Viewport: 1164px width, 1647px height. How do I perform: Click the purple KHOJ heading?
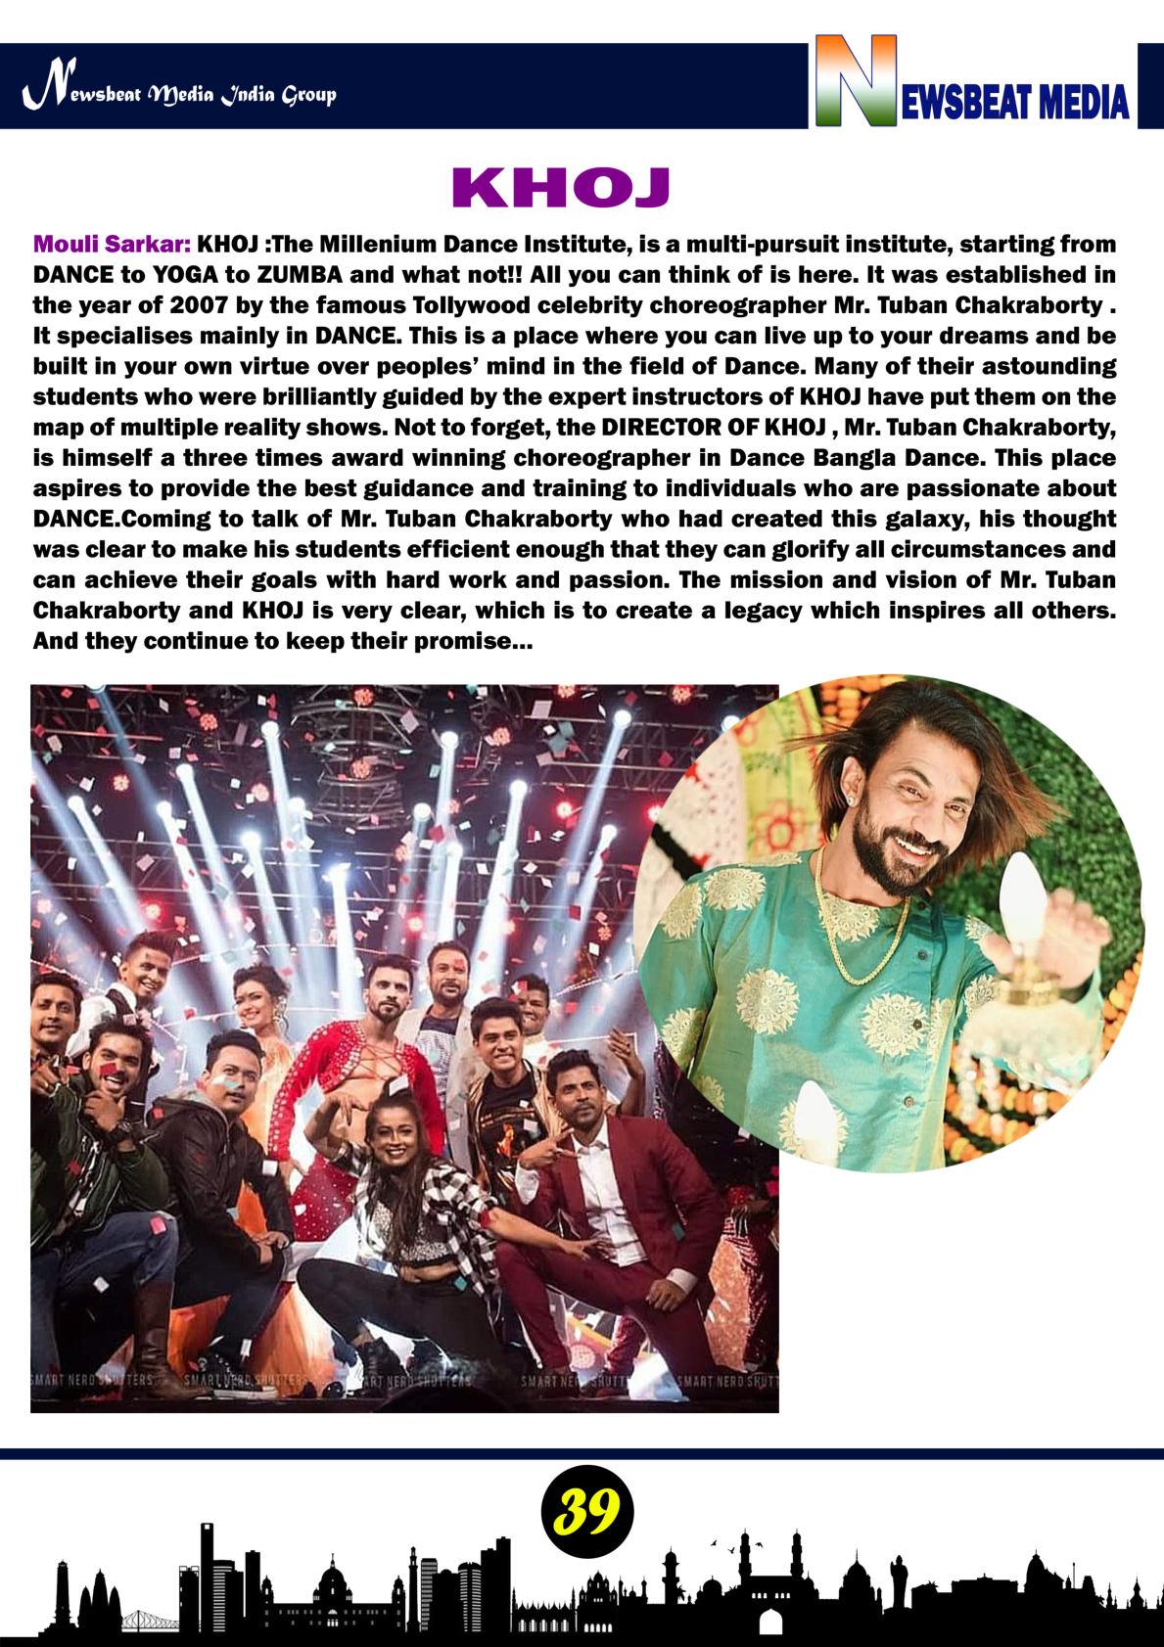point(559,188)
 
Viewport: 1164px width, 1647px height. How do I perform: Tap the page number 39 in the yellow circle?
point(586,1513)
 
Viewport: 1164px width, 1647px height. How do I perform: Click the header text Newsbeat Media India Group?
point(180,95)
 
